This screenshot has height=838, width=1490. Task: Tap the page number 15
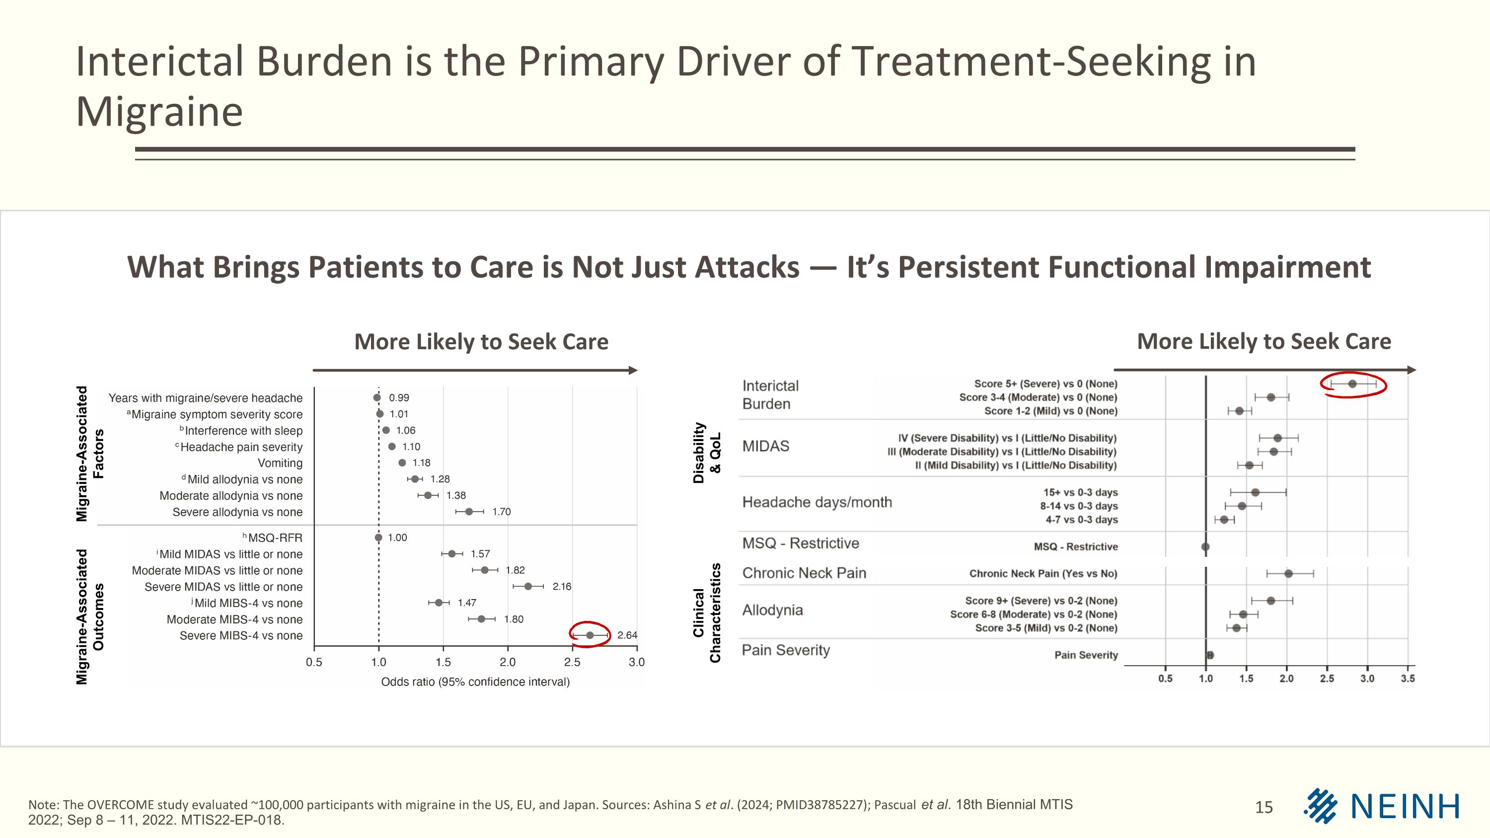(x=1264, y=807)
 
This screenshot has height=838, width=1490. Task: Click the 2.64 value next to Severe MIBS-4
(x=627, y=635)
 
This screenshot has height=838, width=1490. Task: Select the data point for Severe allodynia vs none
(x=469, y=512)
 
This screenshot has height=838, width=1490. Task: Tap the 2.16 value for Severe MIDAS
(x=561, y=587)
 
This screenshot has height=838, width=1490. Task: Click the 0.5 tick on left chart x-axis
(x=314, y=662)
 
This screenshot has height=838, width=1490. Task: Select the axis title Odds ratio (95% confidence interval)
(x=475, y=682)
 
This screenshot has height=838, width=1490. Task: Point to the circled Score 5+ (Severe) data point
(x=1352, y=384)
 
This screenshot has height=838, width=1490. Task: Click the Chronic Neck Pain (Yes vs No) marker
(x=1289, y=574)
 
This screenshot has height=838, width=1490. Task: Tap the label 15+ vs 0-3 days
(x=1080, y=493)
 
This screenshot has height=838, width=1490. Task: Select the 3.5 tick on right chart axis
(x=1407, y=679)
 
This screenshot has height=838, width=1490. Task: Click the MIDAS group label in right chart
(x=765, y=447)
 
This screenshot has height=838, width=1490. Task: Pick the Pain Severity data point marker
(x=1210, y=655)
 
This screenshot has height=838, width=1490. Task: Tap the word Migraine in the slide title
(x=159, y=112)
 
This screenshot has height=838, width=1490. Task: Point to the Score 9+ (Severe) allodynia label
(x=1041, y=601)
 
